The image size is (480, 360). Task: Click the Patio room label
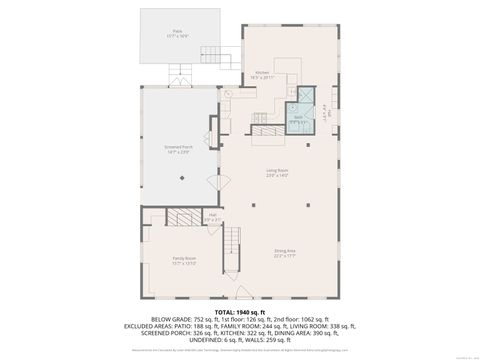tap(179, 32)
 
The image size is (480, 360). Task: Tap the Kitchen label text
tap(262, 73)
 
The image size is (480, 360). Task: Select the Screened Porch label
tap(179, 147)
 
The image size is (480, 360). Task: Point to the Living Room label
tap(277, 172)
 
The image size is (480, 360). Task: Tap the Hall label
tap(213, 214)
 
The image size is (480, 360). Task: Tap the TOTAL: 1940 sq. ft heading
tap(239, 311)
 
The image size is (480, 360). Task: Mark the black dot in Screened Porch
tap(181, 178)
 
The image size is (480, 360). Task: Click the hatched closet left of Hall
tap(182, 217)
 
